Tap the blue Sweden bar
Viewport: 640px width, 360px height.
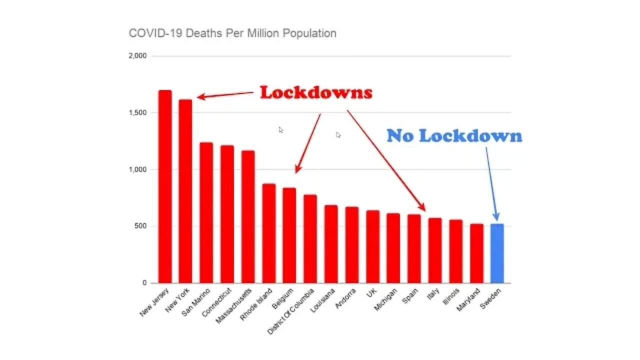point(497,253)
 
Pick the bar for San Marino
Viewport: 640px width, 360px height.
point(206,212)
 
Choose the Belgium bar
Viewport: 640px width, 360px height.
point(289,235)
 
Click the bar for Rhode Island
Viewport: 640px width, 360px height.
point(268,233)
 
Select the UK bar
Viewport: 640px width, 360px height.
point(372,246)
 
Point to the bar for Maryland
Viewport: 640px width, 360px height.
point(476,253)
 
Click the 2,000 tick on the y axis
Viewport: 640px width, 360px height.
point(137,56)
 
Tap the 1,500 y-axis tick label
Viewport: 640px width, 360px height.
point(137,113)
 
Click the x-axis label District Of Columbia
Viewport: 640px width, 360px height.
point(291,311)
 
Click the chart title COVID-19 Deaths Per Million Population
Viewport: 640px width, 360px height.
point(232,33)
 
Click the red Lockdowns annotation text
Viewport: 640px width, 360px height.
point(316,92)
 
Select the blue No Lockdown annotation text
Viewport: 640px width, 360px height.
point(454,135)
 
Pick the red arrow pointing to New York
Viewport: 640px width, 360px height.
point(225,94)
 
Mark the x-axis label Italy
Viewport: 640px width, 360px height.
point(433,295)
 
